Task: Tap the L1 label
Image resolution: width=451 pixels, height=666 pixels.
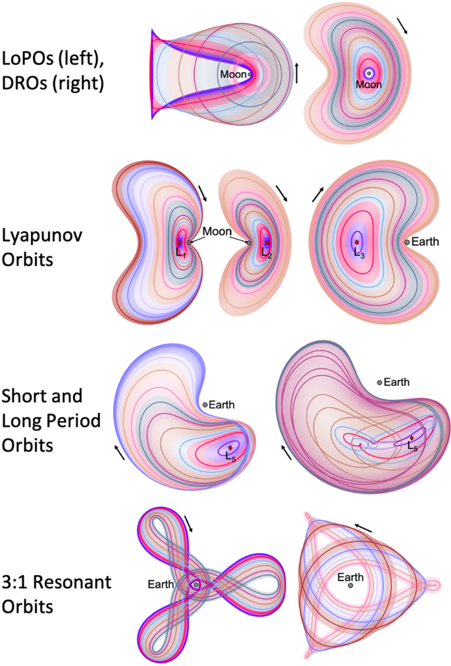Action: click(x=180, y=250)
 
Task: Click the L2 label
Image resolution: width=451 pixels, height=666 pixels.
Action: click(x=265, y=251)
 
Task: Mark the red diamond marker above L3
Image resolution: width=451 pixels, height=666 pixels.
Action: click(x=357, y=241)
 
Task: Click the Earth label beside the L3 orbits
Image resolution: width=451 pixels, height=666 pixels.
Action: click(x=426, y=242)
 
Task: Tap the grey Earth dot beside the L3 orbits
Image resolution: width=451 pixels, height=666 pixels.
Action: click(x=407, y=242)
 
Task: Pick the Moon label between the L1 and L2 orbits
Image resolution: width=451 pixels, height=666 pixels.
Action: click(x=217, y=231)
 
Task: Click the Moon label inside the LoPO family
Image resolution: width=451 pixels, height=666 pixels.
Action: click(x=233, y=74)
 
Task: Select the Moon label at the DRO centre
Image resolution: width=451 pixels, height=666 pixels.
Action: click(x=369, y=84)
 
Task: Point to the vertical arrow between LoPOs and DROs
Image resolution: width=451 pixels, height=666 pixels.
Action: click(x=296, y=72)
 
